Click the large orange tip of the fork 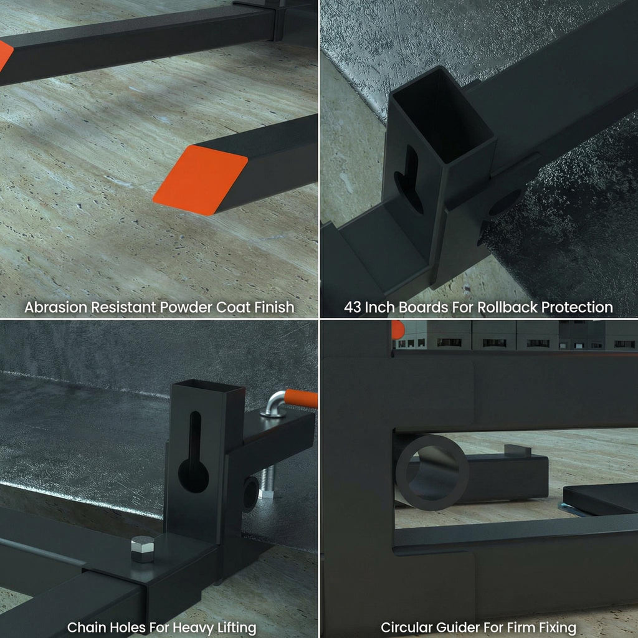click(x=200, y=180)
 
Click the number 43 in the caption click(x=353, y=307)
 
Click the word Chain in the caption click(x=84, y=627)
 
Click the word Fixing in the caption click(x=558, y=628)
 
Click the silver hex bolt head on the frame click(x=143, y=549)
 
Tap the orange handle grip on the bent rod click(x=301, y=398)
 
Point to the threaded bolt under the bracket click(x=267, y=482)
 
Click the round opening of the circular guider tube click(x=432, y=473)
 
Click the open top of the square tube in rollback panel click(x=443, y=115)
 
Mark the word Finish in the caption click(x=274, y=307)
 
